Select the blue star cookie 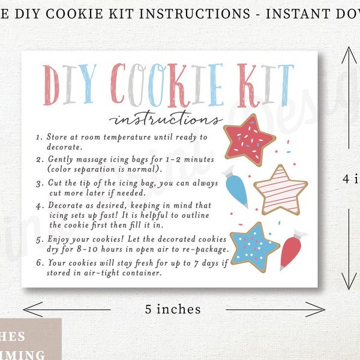click(254, 245)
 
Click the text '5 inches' click(172, 309)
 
